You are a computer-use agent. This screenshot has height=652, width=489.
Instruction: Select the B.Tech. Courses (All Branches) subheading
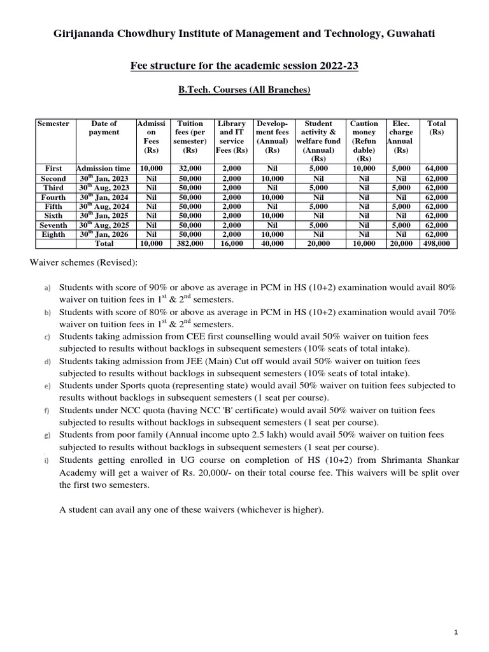point(244,90)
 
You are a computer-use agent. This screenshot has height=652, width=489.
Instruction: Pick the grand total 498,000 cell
point(437,244)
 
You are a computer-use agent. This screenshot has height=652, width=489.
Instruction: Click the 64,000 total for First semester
point(437,169)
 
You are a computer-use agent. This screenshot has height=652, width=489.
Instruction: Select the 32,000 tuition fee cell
point(190,169)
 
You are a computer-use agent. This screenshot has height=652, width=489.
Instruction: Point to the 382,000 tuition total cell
point(190,244)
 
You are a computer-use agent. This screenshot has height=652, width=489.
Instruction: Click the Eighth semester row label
point(53,234)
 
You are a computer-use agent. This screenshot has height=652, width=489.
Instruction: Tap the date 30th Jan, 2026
point(104,234)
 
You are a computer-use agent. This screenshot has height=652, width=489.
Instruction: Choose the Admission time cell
point(104,169)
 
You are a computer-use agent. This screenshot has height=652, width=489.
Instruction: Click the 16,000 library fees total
point(232,244)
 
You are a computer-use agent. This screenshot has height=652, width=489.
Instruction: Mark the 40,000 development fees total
point(273,244)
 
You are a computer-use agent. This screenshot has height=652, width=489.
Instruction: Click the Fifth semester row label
point(53,206)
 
